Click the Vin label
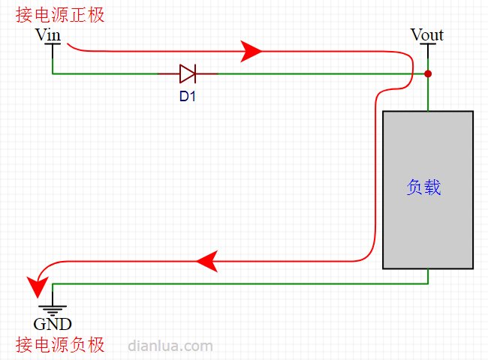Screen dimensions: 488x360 pyautogui.click(x=48, y=34)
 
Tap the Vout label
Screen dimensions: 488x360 pyautogui.click(x=427, y=34)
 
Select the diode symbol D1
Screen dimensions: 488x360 pyautogui.click(x=188, y=73)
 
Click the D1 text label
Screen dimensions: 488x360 pyautogui.click(x=188, y=96)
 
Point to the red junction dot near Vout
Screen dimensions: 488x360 pyautogui.click(x=428, y=73)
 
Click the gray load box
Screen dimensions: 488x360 pyautogui.click(x=428, y=190)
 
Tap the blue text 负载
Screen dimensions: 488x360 pyautogui.click(x=423, y=187)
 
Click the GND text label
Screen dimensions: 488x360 pyautogui.click(x=53, y=324)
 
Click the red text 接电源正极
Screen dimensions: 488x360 pyautogui.click(x=60, y=15)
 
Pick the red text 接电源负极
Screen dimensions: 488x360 pyautogui.click(x=60, y=345)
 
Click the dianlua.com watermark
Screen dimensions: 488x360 pyautogui.click(x=170, y=346)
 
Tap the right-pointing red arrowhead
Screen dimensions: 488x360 pyautogui.click(x=251, y=51)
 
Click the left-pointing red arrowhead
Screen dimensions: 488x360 pyautogui.click(x=207, y=261)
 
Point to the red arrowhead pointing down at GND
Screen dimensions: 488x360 pyautogui.click(x=38, y=287)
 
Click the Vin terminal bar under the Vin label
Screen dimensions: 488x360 pyautogui.click(x=53, y=44)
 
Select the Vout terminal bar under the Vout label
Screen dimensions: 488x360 pyautogui.click(x=428, y=44)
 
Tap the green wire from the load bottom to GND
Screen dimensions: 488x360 pyautogui.click(x=240, y=283)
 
